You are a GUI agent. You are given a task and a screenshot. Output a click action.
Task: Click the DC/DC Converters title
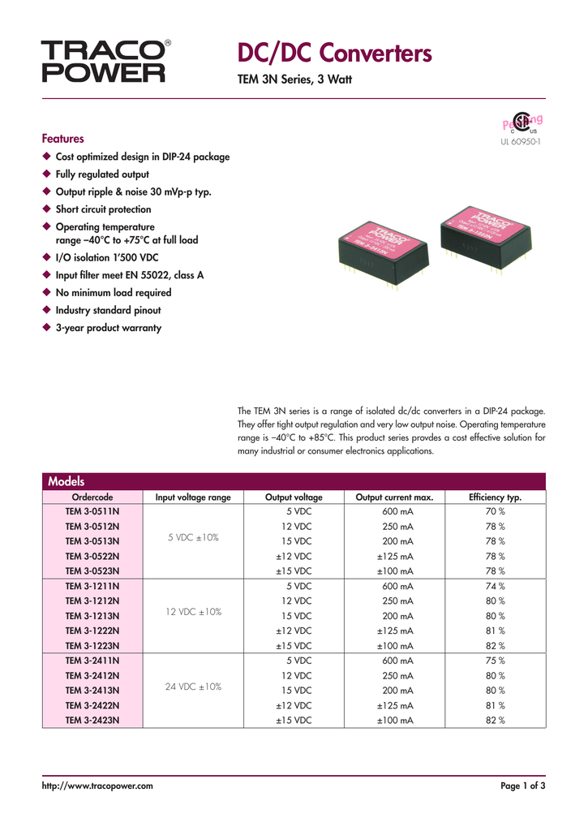click(335, 54)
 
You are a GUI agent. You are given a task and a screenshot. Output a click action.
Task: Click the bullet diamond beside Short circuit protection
click(46, 209)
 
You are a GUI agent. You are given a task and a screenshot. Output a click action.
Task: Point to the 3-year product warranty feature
click(108, 328)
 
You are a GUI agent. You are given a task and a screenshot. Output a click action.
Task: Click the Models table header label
click(67, 481)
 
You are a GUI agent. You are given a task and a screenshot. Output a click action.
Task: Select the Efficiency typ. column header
click(495, 497)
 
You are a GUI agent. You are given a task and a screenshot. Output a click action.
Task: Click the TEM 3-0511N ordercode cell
click(92, 511)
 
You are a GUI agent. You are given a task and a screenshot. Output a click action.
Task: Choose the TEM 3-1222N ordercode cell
click(92, 631)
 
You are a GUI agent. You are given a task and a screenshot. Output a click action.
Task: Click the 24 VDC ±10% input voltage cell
click(193, 686)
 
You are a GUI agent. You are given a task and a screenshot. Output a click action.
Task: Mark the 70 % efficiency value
click(495, 511)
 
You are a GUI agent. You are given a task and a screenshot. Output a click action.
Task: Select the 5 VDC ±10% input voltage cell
click(193, 537)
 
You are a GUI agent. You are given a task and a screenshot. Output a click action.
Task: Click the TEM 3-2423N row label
click(92, 720)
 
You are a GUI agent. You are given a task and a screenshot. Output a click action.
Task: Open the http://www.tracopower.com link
click(97, 786)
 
